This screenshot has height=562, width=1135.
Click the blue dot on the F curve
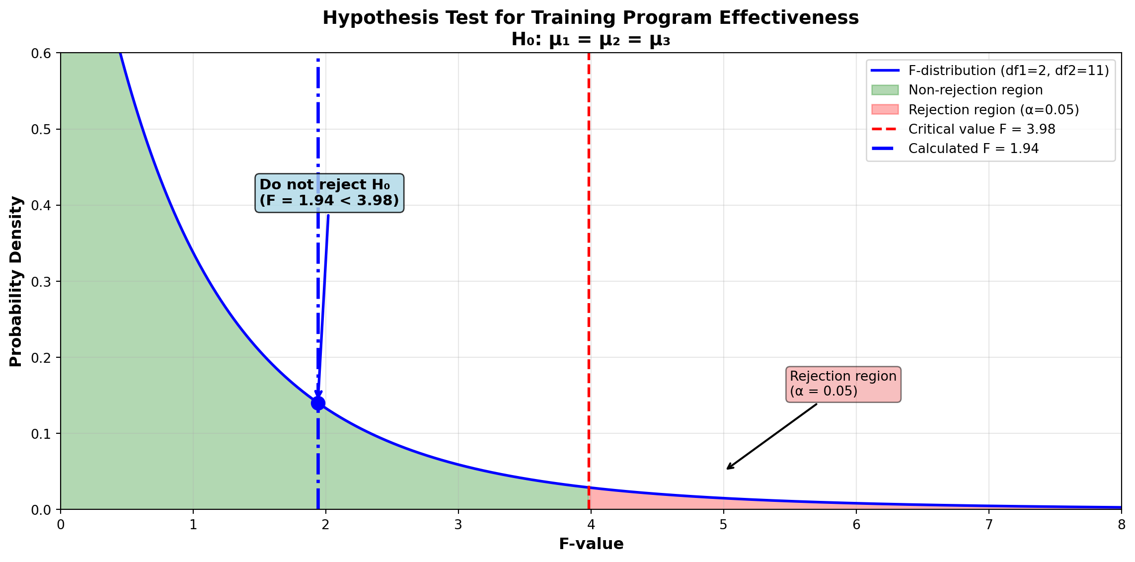318,403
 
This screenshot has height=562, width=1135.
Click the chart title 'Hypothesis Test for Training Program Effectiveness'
591,18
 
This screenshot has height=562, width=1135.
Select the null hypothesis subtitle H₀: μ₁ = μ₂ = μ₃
591,40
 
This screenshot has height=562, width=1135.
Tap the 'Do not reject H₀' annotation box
329,193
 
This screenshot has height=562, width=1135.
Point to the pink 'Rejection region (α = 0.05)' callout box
843,384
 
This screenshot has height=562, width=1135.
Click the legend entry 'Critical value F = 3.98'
981,129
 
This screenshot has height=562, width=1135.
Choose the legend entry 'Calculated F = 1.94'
973,149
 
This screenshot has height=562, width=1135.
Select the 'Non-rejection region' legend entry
975,90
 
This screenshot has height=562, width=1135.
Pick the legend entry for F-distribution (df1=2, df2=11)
1008,71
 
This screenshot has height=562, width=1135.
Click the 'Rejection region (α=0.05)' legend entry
993,110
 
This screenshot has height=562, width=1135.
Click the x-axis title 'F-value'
591,544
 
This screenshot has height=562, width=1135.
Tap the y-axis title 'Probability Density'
16,281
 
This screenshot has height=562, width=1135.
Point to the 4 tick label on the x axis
591,524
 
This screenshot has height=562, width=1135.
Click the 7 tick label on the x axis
988,524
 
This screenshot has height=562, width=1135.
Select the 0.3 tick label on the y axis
42,282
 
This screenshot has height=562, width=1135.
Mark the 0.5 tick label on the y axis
42,130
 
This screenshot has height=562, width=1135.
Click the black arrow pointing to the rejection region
771,436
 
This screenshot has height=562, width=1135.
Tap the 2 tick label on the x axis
325,524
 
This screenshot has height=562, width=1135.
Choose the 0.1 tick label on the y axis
42,434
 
